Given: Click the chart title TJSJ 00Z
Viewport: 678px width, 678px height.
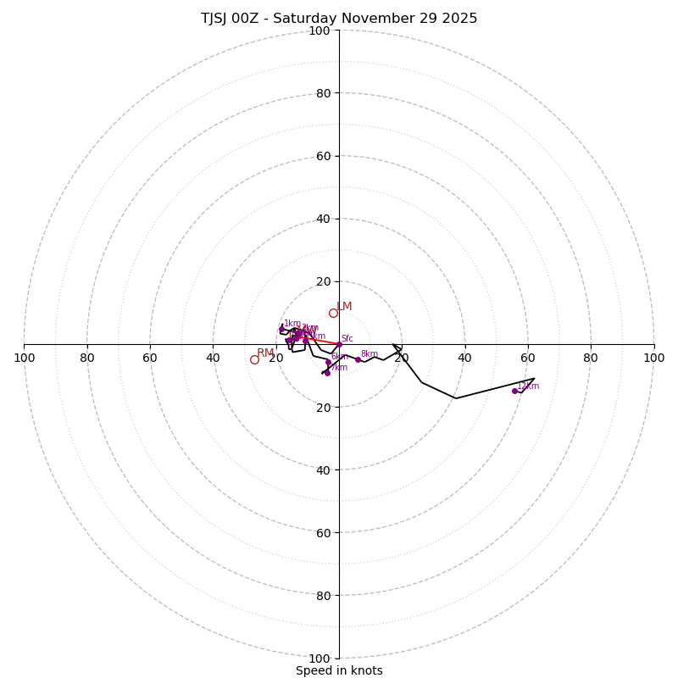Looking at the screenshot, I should (339, 19).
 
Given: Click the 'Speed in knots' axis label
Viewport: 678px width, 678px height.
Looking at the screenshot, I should (339, 670).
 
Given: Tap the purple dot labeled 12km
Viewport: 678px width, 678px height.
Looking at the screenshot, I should (514, 391).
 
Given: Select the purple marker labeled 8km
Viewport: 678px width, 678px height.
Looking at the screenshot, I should (358, 359).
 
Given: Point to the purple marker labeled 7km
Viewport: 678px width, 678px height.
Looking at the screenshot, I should (327, 373).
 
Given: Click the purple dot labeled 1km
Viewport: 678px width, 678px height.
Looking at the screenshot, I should (281, 330).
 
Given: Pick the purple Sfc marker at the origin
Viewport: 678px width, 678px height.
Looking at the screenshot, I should (339, 344).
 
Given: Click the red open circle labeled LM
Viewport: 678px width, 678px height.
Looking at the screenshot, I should (333, 313).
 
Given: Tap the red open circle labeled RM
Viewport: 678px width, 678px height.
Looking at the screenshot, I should (254, 359).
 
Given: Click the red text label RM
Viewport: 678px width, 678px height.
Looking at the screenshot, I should (265, 353).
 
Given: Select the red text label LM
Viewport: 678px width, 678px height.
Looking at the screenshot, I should (344, 307).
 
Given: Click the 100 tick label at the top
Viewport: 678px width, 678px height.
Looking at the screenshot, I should (320, 31).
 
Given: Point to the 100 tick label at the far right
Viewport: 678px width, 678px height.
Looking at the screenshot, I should (654, 358).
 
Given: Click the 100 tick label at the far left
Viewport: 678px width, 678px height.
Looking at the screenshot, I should (24, 358).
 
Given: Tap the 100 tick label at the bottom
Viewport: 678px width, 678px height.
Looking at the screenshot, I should (320, 658).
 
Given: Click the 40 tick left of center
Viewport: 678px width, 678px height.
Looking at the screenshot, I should (213, 358).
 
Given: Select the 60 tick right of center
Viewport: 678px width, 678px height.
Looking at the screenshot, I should (527, 358).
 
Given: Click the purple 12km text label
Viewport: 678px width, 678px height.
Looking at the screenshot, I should (528, 386).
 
